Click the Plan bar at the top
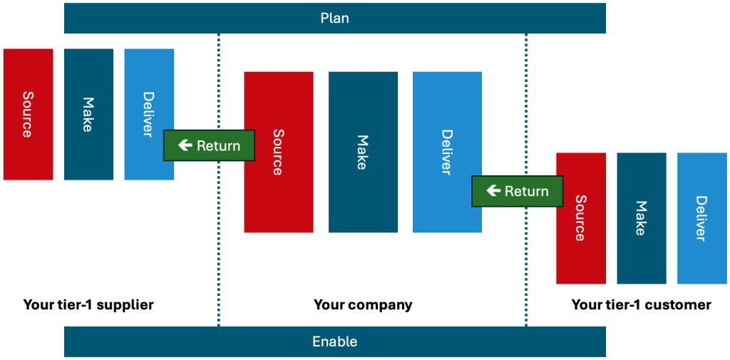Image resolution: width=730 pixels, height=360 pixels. (334, 18)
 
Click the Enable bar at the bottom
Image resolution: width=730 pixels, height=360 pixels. (334, 341)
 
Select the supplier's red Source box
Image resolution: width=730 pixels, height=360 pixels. (28, 114)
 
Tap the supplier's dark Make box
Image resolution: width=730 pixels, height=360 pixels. (88, 114)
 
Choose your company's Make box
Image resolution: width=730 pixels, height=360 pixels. (363, 152)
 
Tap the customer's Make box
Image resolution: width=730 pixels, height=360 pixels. (642, 218)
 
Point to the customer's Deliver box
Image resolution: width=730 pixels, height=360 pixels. (701, 218)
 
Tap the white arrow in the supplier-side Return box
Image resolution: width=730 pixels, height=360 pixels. (185, 145)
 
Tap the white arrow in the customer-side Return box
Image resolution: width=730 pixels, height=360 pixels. (493, 191)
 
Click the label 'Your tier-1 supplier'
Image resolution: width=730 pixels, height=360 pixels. (88, 305)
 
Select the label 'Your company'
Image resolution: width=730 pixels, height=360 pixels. (363, 305)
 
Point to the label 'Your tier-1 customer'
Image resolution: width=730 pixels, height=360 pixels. (641, 305)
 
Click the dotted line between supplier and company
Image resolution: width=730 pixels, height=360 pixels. (218, 235)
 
